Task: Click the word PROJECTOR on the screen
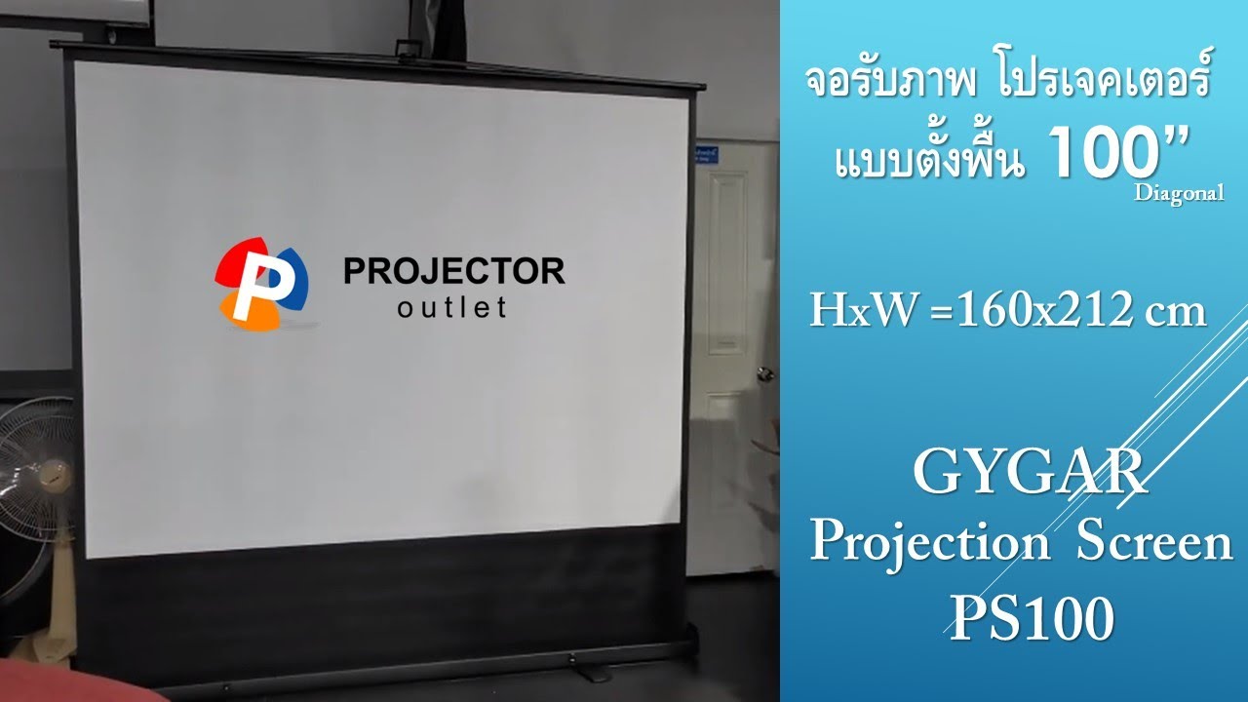(453, 270)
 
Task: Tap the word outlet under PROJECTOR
(452, 308)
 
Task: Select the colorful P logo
(260, 284)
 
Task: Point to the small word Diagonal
(1179, 193)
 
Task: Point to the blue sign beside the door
(704, 156)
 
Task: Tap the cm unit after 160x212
(1175, 312)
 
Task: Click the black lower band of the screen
(390, 595)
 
